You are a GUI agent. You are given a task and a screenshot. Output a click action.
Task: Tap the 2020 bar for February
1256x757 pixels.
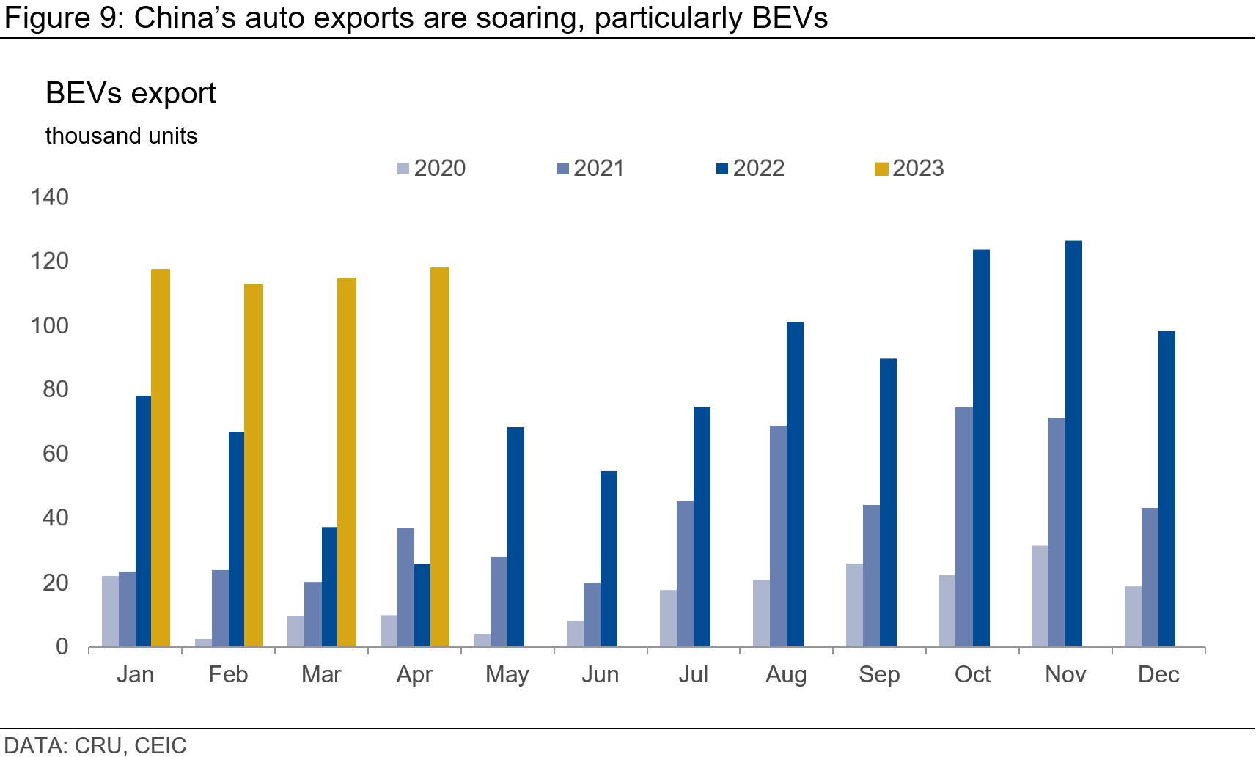pyautogui.click(x=203, y=642)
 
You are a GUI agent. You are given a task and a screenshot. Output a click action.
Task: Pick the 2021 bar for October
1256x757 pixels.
pyautogui.click(x=964, y=527)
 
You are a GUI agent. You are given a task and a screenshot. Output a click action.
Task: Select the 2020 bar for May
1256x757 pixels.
pyautogui.click(x=482, y=640)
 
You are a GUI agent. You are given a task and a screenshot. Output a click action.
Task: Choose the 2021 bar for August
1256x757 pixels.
pyautogui.click(x=778, y=536)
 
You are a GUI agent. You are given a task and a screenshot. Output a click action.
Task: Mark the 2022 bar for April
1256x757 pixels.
pyautogui.click(x=422, y=605)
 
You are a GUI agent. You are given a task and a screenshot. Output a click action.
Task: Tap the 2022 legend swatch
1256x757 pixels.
pyautogui.click(x=722, y=169)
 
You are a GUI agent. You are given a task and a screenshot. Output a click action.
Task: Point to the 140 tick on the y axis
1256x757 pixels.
pyautogui.click(x=49, y=197)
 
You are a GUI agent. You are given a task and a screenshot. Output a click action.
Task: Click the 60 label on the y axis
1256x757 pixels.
pyautogui.click(x=55, y=454)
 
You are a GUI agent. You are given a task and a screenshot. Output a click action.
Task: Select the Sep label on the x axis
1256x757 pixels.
pyautogui.click(x=879, y=674)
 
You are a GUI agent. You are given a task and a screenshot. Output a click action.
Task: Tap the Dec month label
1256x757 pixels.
pyautogui.click(x=1158, y=674)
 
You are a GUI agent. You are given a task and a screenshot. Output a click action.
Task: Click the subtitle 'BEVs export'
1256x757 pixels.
pyautogui.click(x=131, y=94)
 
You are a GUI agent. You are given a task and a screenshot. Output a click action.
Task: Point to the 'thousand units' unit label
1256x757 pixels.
pyautogui.click(x=121, y=136)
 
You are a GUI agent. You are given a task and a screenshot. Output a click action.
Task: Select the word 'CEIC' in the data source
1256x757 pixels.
pyautogui.click(x=161, y=745)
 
